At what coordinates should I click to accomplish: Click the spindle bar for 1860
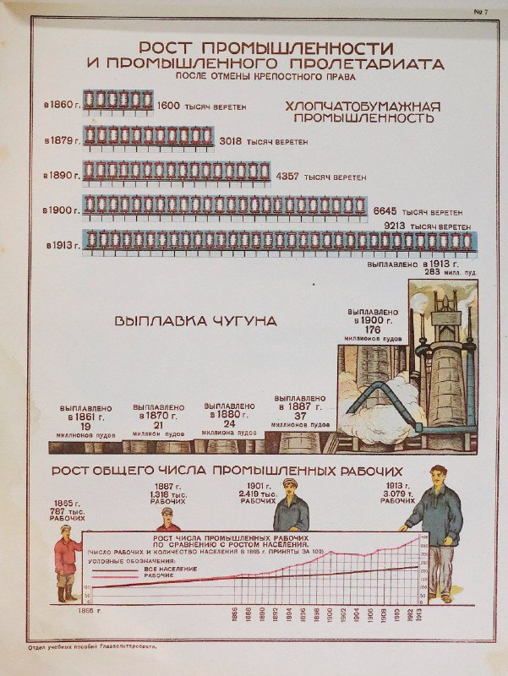pos(117,101)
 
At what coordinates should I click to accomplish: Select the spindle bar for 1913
pos(279,241)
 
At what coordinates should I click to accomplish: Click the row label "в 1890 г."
pos(61,176)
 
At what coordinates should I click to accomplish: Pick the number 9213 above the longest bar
pos(396,226)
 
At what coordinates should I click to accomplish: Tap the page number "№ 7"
pos(483,10)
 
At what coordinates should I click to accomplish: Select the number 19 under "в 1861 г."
pos(85,427)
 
